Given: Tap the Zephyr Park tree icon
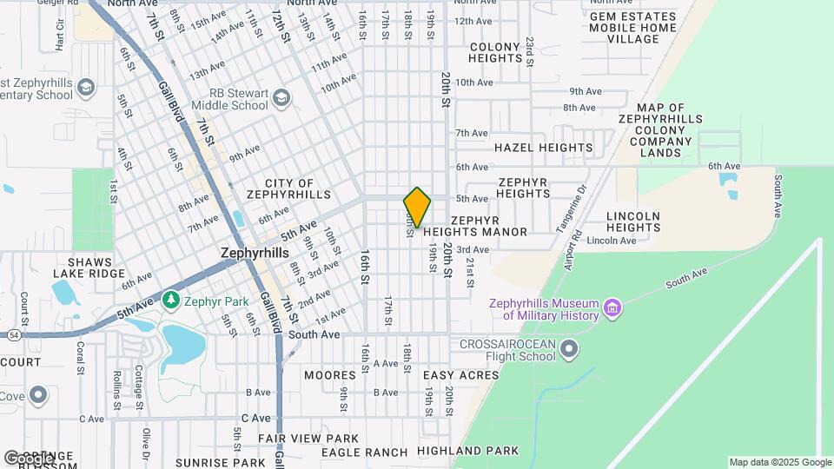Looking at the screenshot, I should click(x=171, y=300).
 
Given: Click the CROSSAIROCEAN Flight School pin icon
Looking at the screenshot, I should click(x=569, y=349).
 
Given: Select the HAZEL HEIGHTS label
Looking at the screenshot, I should click(x=543, y=148).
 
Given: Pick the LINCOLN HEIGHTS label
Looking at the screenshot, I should click(x=633, y=221).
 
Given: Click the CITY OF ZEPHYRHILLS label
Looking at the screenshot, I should click(x=277, y=188).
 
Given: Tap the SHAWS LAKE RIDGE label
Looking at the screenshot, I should click(x=83, y=268).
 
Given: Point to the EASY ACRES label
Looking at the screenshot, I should click(x=460, y=375).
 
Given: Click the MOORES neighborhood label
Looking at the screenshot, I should click(x=329, y=375).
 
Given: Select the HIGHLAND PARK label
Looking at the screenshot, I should click(x=467, y=451).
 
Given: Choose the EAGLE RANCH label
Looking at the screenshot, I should click(x=364, y=452).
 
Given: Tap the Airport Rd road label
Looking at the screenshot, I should click(x=571, y=252).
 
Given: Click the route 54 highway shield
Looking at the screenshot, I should click(x=14, y=334).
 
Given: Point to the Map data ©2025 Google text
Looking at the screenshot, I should click(x=780, y=462).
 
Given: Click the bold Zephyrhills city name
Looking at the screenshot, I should click(x=255, y=253).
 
